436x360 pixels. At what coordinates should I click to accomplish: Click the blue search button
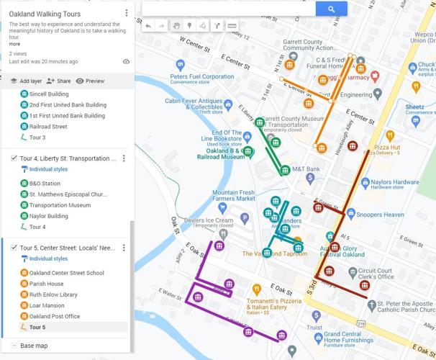tap(331, 9)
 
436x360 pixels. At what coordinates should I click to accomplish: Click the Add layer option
tap(25, 81)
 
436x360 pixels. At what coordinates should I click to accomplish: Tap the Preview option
tap(91, 81)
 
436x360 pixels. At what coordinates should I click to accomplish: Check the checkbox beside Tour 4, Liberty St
tap(14, 158)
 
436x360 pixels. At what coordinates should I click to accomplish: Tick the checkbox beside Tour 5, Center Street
tap(14, 248)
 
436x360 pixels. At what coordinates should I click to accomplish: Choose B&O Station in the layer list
tap(45, 184)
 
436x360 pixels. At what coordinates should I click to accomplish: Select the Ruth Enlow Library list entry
tap(53, 294)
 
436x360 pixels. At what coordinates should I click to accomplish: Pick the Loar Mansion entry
tap(46, 305)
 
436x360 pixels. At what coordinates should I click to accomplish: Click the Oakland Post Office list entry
tap(55, 316)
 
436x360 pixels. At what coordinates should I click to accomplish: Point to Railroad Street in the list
tap(48, 127)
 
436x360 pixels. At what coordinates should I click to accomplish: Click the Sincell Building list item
tap(49, 94)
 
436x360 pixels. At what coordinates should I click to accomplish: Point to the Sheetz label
tap(414, 107)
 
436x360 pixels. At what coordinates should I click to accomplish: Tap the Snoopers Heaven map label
tap(381, 215)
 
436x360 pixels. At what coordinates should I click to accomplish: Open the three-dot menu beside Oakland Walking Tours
tap(127, 13)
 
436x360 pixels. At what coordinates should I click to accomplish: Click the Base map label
tap(34, 346)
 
